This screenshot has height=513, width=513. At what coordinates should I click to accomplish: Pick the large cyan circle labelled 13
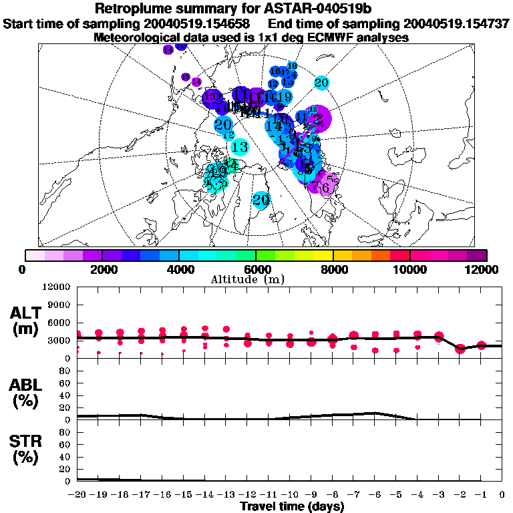pos(240,147)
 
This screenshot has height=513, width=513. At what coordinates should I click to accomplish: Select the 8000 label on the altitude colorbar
pos(333,269)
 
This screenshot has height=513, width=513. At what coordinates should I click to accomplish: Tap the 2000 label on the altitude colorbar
pos(101,269)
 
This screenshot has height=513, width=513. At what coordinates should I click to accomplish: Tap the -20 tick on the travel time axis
pos(77,494)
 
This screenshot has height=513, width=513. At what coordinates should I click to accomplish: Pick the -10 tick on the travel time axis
pos(290,494)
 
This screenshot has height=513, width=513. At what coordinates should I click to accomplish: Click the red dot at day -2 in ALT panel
pos(460,349)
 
